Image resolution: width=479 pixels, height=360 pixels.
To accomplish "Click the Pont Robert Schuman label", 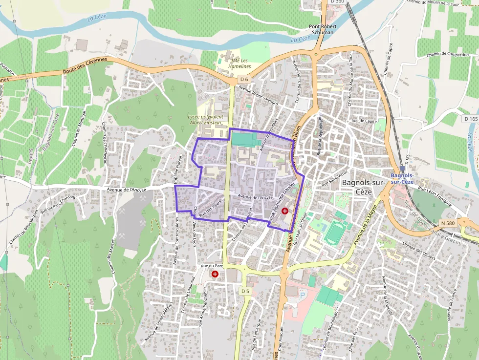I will tap(321, 29).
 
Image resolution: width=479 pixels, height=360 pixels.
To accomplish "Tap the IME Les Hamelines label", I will tap(235, 63).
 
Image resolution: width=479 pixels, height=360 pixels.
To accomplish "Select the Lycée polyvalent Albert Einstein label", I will tap(205, 120).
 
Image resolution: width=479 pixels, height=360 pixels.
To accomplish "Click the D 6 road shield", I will tap(244, 79).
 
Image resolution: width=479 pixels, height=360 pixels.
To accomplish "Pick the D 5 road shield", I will tap(245, 292).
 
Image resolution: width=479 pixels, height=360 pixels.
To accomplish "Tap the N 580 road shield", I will tap(446, 223).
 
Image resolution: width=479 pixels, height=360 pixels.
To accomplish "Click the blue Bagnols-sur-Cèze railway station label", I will tap(402, 178).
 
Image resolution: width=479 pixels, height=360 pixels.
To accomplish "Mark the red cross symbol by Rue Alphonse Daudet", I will tap(285, 210).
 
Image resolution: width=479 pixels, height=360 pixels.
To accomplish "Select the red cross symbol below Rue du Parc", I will tap(215, 274).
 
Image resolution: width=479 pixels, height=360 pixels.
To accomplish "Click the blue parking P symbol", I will tap(302, 295).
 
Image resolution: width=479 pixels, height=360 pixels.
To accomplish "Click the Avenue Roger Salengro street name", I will tap(258, 95).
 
